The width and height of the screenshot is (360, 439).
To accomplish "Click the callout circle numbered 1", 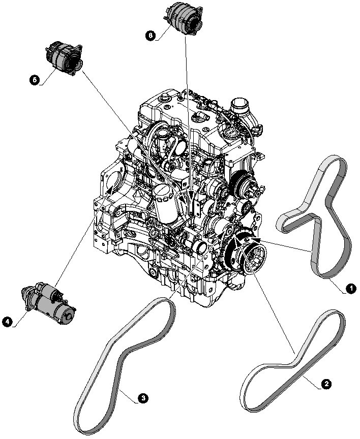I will coord(350,289).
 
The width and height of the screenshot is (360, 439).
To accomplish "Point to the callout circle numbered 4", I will coord(7,321).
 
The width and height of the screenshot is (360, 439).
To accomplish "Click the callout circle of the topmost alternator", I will coord(150,35).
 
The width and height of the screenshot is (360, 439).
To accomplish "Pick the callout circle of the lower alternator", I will coord(34,80).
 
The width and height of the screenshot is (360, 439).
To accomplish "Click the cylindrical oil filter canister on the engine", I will coord(166,203).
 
